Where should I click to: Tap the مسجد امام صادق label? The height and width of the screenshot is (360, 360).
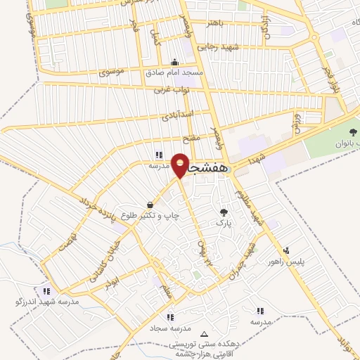(x=174, y=73)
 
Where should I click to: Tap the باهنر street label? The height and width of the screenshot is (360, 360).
(x=214, y=22)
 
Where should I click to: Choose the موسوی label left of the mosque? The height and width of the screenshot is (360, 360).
(x=112, y=72)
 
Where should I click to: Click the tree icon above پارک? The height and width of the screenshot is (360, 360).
(x=224, y=212)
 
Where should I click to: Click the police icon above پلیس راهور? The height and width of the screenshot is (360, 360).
(x=286, y=250)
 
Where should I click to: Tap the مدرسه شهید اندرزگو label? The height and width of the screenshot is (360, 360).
(x=47, y=302)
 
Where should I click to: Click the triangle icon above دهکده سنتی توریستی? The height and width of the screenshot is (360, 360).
(x=205, y=334)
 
